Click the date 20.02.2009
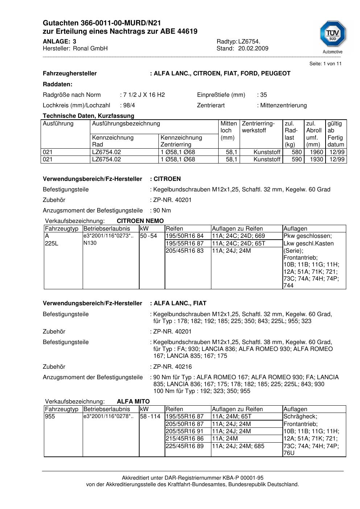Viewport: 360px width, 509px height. coord(253,49)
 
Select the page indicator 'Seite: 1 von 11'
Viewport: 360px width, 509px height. coord(325,64)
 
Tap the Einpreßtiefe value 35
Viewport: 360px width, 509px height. coord(263,95)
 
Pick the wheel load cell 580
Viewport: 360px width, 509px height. coord(297,152)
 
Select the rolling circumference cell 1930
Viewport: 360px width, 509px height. coord(316,160)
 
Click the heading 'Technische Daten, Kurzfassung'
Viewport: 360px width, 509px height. coord(88,116)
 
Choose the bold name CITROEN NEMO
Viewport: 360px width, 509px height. coord(140,221)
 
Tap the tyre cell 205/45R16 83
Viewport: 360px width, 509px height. coord(185,251)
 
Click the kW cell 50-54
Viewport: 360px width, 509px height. coord(149,236)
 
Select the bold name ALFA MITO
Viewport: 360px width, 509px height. coord(133,402)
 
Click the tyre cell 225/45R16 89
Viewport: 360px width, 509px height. coord(185,446)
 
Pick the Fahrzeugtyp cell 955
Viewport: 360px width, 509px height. coord(50,417)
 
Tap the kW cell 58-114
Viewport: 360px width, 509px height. coord(150,417)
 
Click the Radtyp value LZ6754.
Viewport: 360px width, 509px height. coord(249,42)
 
